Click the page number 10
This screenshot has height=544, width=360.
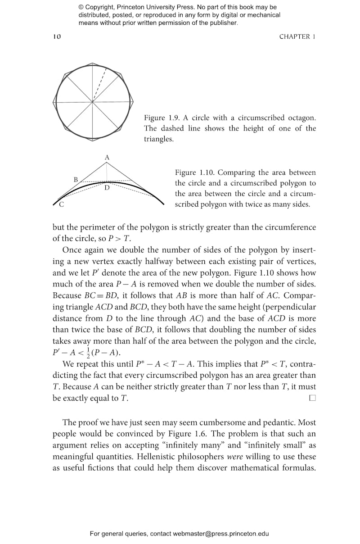[x=57, y=37]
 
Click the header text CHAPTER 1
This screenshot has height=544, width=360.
[x=297, y=37]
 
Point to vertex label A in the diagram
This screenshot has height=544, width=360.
[x=107, y=158]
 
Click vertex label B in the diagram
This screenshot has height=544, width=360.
[x=76, y=180]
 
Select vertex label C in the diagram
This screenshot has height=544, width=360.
[x=61, y=205]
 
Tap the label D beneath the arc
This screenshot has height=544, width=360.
[x=107, y=187]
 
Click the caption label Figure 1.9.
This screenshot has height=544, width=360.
[x=162, y=118]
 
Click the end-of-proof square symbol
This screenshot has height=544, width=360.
[x=312, y=398]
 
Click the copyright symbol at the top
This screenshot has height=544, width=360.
[x=81, y=7]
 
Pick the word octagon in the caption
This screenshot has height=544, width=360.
[x=299, y=118]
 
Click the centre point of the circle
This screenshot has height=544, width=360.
[x=93, y=102]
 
